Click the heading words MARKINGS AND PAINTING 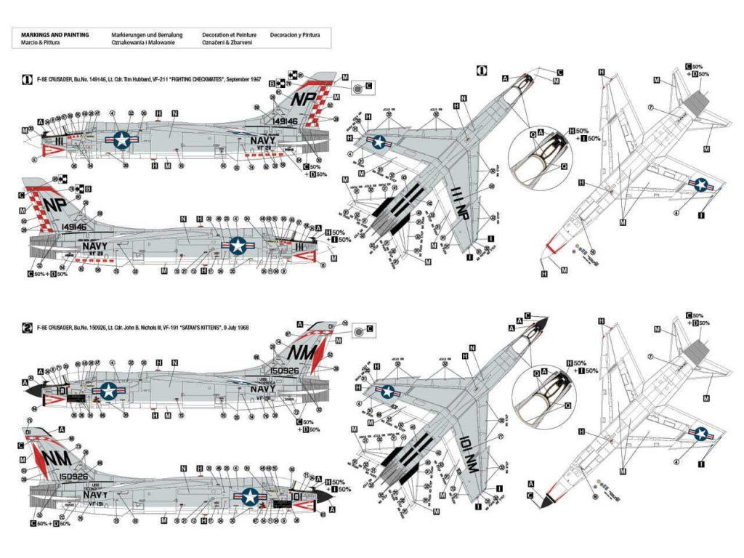click(x=55, y=34)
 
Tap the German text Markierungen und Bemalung click(x=147, y=34)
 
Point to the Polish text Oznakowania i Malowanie click(x=147, y=43)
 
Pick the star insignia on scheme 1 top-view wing click(x=379, y=143)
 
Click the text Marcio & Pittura click(x=41, y=43)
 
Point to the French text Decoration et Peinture click(x=223, y=34)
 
